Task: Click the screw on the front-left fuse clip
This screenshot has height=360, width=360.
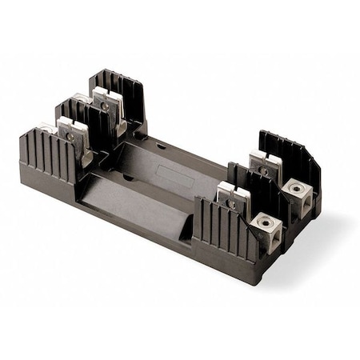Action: point(71,136)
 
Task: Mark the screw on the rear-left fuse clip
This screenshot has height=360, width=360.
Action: point(106,105)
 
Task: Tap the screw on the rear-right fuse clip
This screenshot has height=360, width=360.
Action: point(262,170)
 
